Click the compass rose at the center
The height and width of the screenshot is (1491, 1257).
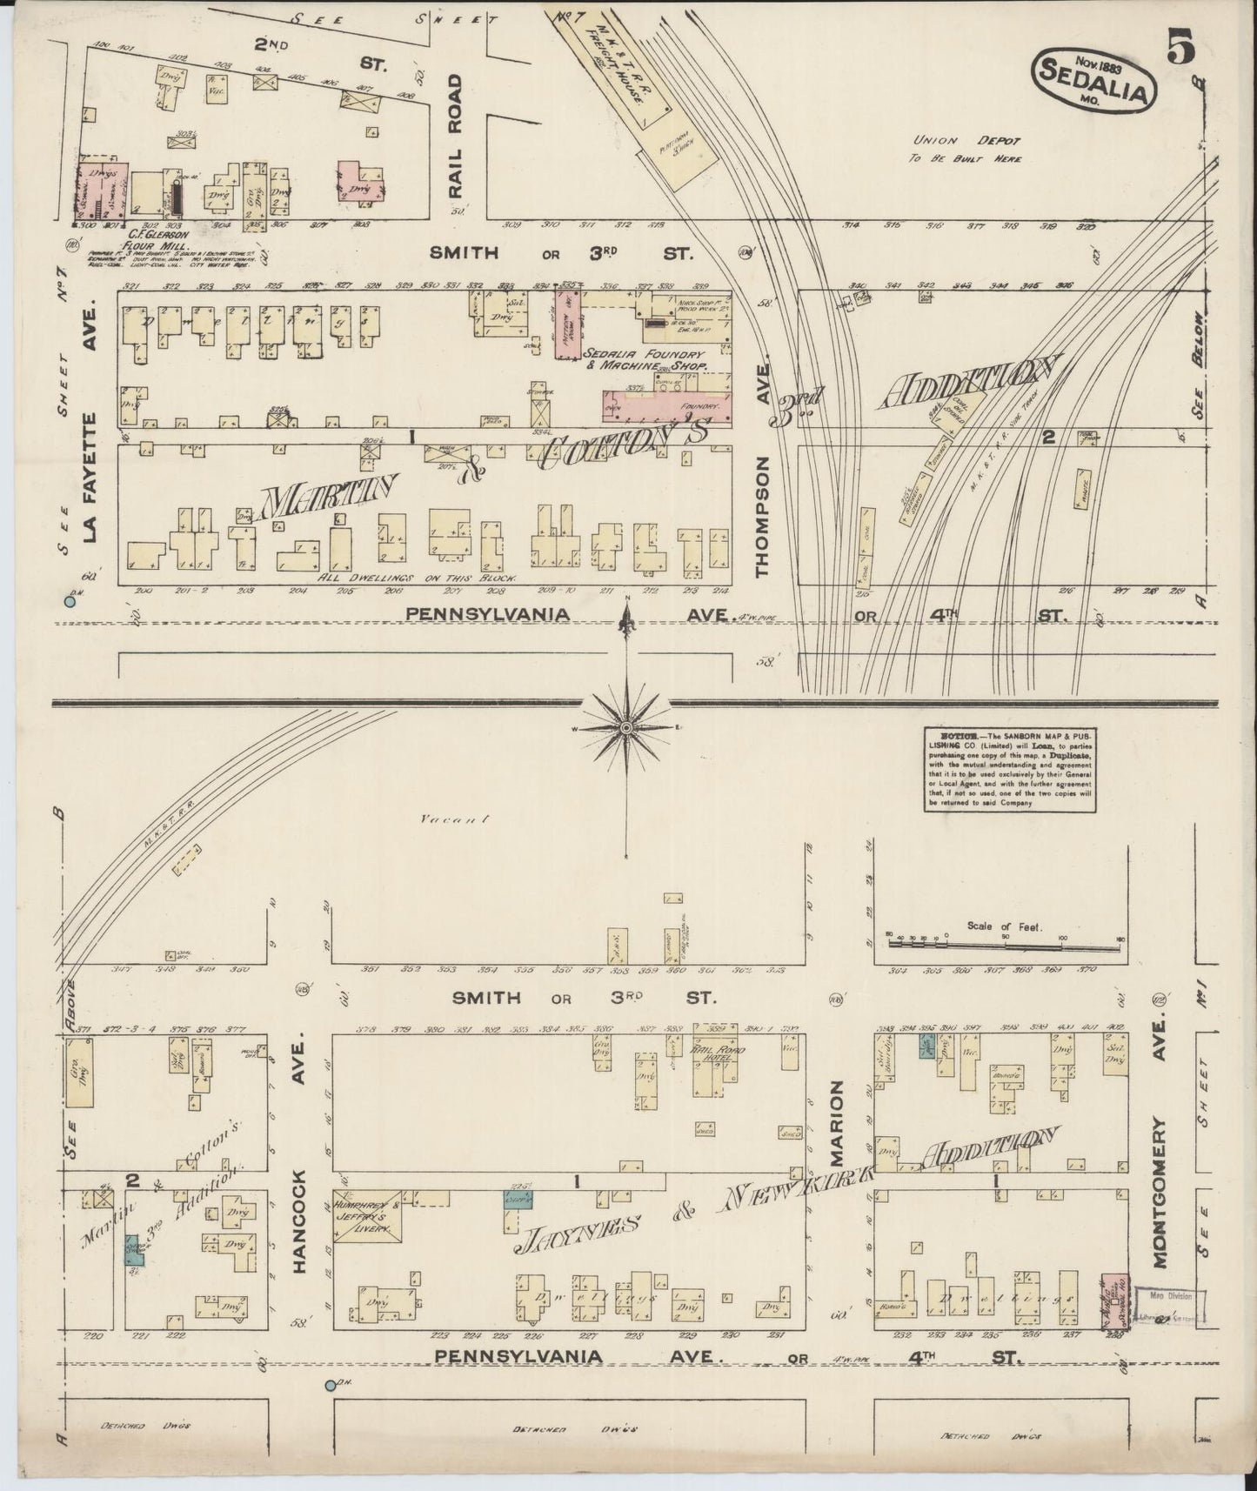pos(626,725)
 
